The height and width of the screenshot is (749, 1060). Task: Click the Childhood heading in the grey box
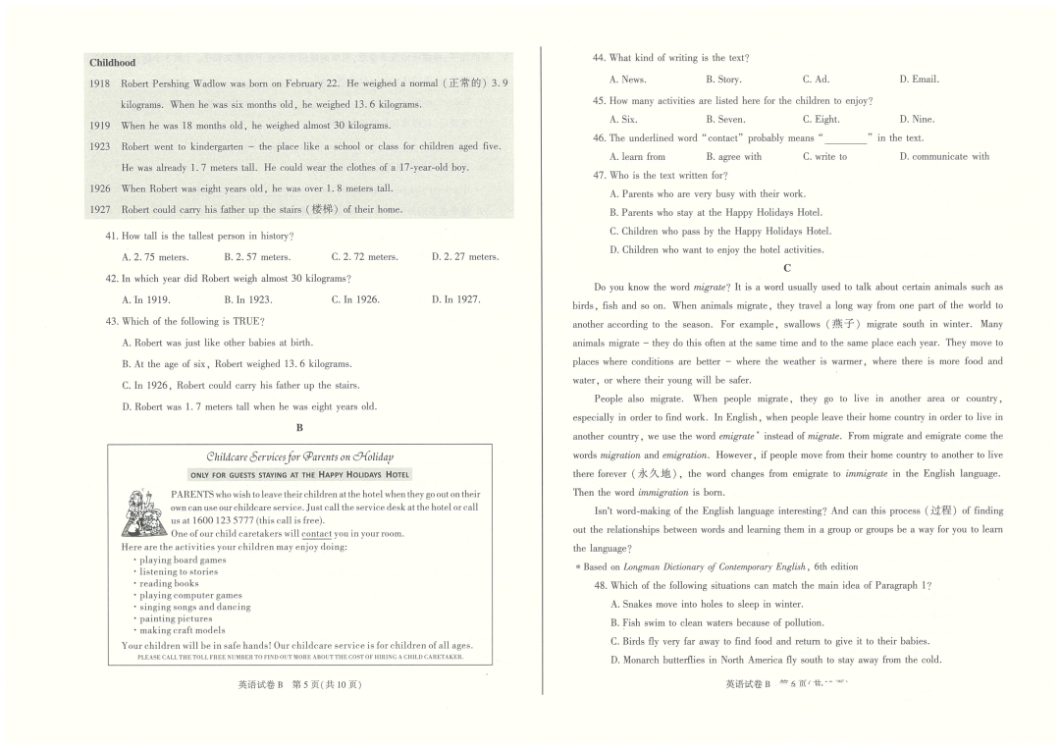(x=112, y=63)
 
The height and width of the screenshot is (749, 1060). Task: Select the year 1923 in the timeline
(x=99, y=146)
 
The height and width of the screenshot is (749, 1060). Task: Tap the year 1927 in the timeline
(x=99, y=209)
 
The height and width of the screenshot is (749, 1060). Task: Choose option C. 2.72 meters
(x=364, y=257)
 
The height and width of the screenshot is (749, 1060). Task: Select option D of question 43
(x=249, y=406)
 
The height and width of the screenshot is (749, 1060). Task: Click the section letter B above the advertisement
(x=299, y=428)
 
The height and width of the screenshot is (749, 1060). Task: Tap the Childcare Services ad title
(x=299, y=456)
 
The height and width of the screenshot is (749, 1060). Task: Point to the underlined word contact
(x=317, y=533)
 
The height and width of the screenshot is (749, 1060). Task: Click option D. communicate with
(x=944, y=157)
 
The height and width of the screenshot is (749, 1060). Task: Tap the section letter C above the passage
(x=787, y=268)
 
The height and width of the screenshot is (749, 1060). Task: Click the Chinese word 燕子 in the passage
(x=842, y=324)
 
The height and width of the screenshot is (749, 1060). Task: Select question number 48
(x=600, y=585)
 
